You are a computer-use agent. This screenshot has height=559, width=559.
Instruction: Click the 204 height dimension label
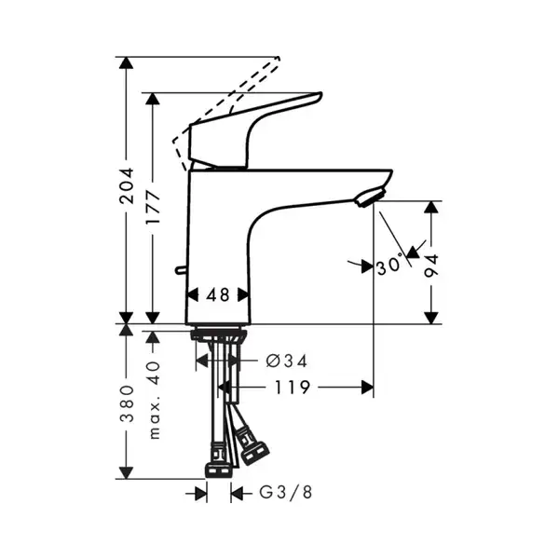[x=127, y=185]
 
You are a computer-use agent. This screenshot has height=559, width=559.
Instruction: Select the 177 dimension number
[x=154, y=207]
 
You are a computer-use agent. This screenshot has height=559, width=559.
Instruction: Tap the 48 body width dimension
[x=218, y=295]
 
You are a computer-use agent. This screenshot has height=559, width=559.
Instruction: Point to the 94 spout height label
[x=431, y=266]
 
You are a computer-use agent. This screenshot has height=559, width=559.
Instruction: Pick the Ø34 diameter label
[x=287, y=361]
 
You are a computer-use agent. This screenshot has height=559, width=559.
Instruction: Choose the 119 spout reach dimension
[x=292, y=388]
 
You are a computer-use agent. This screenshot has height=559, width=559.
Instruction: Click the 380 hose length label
[x=127, y=403]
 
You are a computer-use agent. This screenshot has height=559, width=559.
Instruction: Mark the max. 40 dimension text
[x=154, y=400]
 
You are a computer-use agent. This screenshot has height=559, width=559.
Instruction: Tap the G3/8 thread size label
[x=286, y=492]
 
